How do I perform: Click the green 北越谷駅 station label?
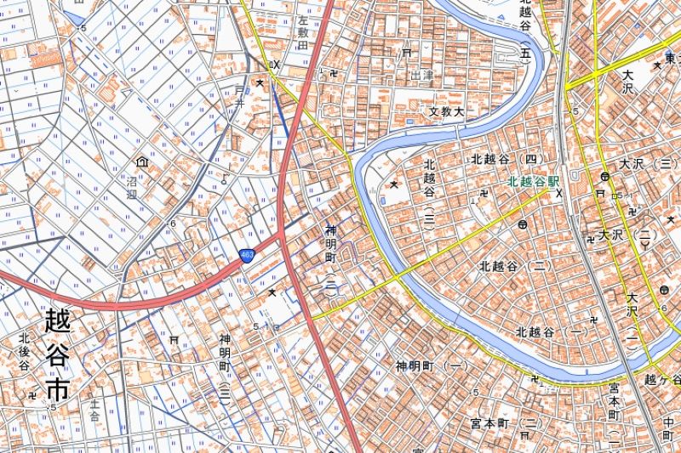coord(534,181)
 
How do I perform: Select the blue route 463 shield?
coord(246,255)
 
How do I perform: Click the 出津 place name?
coord(421,76)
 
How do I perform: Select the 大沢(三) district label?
coord(648,164)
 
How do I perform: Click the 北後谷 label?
coord(24,352)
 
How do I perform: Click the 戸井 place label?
coord(240,104)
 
